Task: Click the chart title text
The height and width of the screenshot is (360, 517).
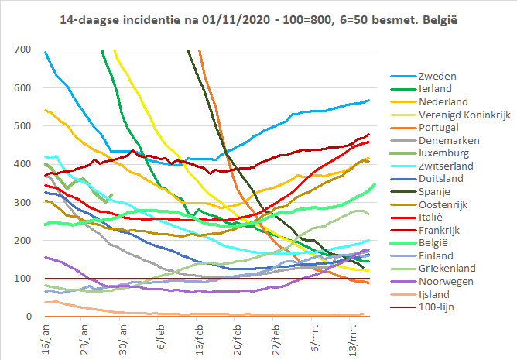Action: [258, 17]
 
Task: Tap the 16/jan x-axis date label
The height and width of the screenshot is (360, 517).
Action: [44, 338]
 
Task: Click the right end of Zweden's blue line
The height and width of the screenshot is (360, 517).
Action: [369, 100]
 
